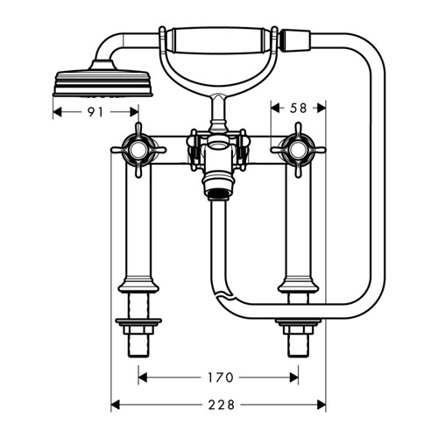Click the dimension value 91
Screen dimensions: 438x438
click(95, 112)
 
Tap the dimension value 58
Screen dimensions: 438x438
click(298, 109)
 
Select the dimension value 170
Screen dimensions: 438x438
click(221, 378)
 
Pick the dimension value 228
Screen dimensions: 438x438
click(222, 405)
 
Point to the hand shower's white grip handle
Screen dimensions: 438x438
click(218, 40)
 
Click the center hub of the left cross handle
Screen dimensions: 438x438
click(138, 150)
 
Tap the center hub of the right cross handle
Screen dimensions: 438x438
click(298, 150)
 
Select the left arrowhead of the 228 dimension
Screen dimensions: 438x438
click(116, 405)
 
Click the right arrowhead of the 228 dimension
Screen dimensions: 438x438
click(321, 405)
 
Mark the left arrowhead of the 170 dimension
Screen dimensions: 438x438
click(143, 378)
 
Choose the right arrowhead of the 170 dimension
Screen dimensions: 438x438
click(293, 378)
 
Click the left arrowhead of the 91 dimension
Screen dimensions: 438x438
click(58, 112)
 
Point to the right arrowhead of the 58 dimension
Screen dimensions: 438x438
click(321, 109)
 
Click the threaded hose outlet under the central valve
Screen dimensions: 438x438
click(219, 194)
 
